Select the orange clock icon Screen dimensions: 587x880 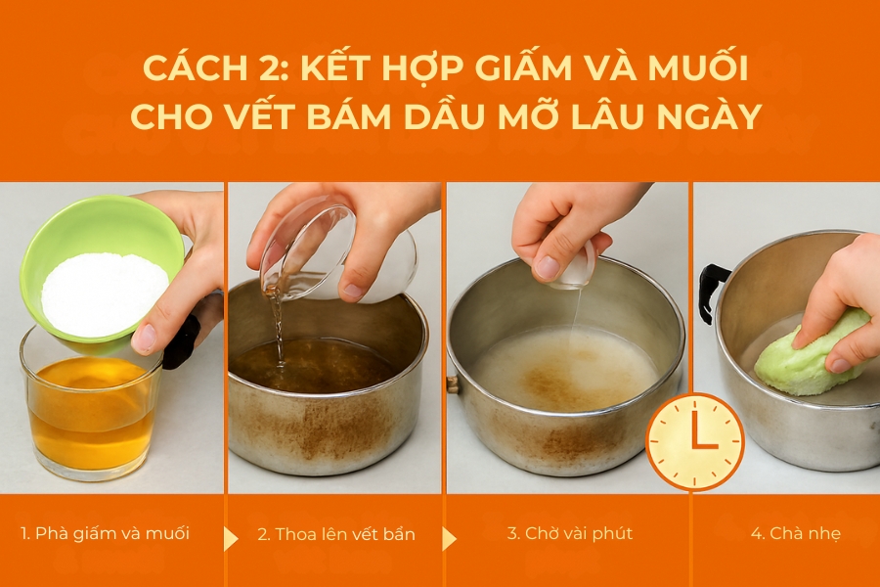[695, 442]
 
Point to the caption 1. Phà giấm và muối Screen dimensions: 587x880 [105, 534]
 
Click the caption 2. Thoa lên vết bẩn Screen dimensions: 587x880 [336, 534]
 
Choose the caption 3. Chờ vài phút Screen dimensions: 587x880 [569, 534]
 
